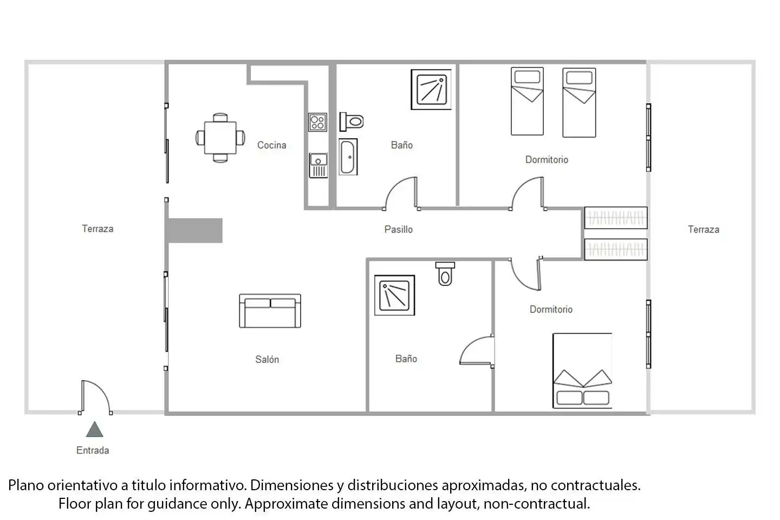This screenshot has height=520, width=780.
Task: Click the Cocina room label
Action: click(271, 145)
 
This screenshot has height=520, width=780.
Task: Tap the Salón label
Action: click(267, 359)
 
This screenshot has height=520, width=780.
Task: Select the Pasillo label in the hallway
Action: click(398, 229)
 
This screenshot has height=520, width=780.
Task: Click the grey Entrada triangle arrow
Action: click(94, 430)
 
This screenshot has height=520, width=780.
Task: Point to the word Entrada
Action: click(93, 450)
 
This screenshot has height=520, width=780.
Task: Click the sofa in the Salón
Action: click(270, 311)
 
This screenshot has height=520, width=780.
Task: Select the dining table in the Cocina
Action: click(220, 138)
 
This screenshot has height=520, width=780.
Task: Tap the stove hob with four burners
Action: click(317, 122)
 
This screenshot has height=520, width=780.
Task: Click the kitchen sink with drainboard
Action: click(318, 166)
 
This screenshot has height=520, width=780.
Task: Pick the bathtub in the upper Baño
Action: click(348, 157)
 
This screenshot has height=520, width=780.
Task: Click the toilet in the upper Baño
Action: click(352, 122)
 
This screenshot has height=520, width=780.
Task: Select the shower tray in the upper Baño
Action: click(431, 89)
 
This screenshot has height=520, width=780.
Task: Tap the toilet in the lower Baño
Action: click(445, 274)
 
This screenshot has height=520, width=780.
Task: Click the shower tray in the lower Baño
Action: click(394, 295)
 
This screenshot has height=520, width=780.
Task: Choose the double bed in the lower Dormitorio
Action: click(582, 370)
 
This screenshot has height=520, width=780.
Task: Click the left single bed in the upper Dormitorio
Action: click(527, 101)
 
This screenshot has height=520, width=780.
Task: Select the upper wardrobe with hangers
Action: click(616, 218)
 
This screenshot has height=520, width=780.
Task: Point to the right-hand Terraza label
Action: click(704, 229)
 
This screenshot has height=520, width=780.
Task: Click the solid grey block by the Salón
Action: click(195, 231)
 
